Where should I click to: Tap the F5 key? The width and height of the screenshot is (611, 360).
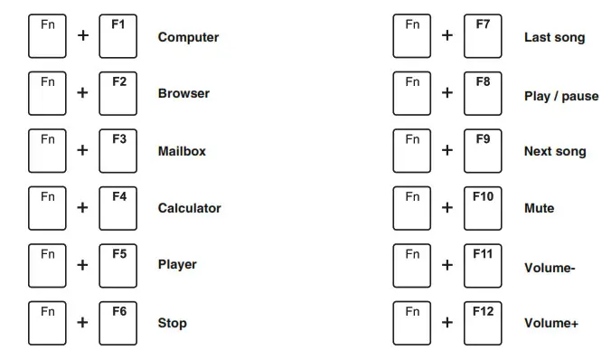(118, 265)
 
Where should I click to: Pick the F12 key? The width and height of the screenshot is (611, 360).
(483, 322)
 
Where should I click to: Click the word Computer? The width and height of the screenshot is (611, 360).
(188, 37)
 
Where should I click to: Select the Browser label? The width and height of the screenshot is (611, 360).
(183, 93)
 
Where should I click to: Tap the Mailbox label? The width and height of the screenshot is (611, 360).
(182, 151)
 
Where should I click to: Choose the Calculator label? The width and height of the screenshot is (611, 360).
(189, 208)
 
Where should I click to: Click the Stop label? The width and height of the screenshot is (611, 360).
(172, 323)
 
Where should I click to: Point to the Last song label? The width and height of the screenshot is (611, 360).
(554, 37)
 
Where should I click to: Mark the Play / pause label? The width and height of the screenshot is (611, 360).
(561, 96)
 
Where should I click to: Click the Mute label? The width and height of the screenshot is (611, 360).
(539, 208)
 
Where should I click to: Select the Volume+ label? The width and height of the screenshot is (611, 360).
(550, 323)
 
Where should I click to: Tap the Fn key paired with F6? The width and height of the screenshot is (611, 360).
(47, 322)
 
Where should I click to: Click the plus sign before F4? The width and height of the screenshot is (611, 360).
(82, 208)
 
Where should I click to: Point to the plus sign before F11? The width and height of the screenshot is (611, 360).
(446, 265)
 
